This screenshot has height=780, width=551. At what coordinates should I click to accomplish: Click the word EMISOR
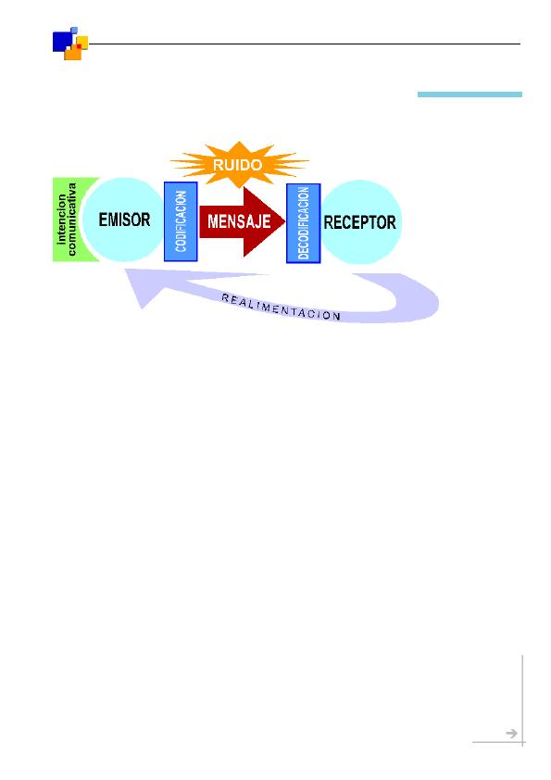coord(124,220)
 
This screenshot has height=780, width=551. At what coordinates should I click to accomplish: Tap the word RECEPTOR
coord(359,221)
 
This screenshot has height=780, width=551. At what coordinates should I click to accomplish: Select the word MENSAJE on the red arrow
coord(239,220)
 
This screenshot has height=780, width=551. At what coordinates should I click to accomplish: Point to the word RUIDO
coord(238,165)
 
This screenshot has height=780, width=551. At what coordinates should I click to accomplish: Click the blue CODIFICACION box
coord(181,221)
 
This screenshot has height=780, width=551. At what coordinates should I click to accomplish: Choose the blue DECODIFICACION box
coord(304,223)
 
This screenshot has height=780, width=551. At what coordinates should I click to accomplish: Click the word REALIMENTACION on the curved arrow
coord(281,307)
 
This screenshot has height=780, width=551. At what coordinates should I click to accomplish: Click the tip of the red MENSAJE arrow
coord(285,221)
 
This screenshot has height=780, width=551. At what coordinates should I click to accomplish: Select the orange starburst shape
coord(239,164)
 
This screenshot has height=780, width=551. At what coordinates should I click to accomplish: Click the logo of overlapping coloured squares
coord(70,44)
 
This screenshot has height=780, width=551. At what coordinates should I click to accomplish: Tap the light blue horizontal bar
coord(470,94)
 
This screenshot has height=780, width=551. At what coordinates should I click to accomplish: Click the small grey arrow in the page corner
coord(511,734)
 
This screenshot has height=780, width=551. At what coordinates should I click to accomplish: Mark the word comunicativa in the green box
coord(72,220)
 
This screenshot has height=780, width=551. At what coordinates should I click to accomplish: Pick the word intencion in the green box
coord(61,220)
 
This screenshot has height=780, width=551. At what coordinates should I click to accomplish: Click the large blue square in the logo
coord(63,42)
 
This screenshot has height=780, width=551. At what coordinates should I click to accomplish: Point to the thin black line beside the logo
coord(305,44)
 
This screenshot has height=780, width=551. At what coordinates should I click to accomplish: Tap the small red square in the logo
coord(79,46)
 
